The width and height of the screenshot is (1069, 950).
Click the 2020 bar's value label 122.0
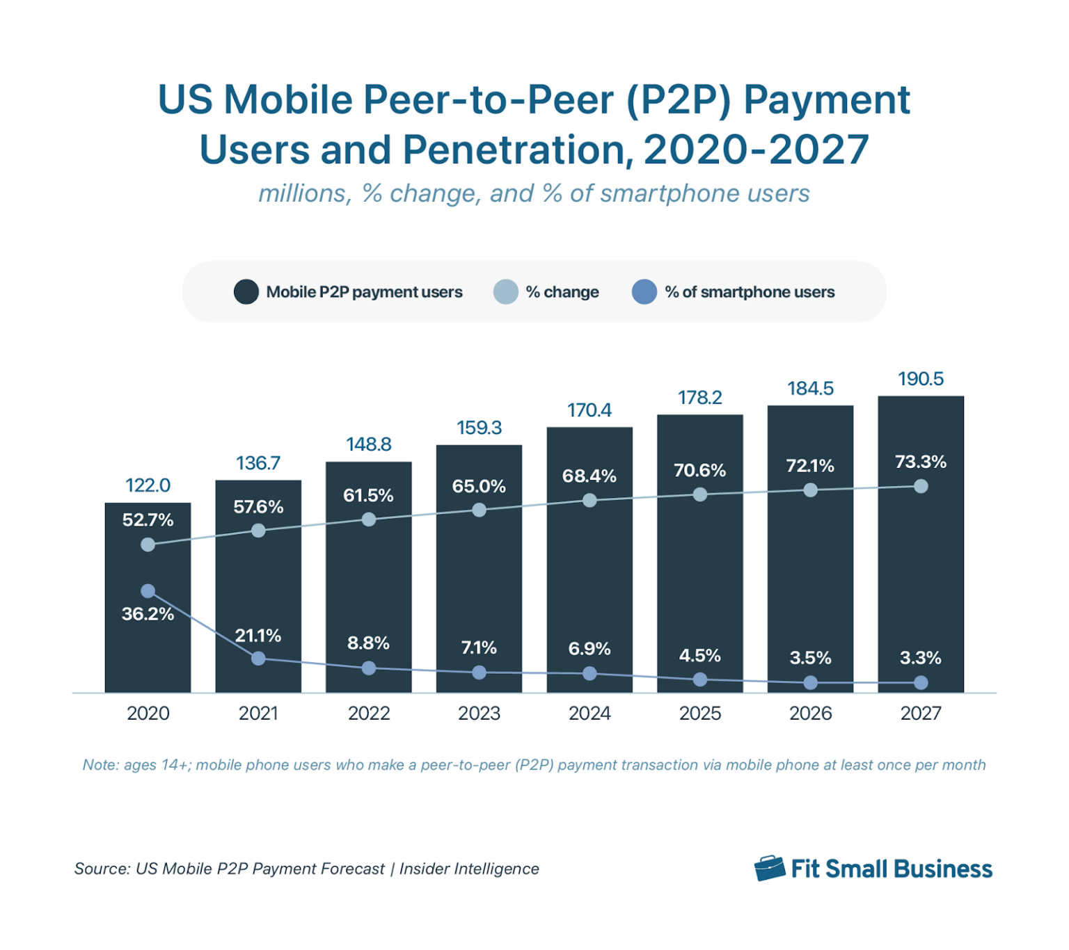(148, 485)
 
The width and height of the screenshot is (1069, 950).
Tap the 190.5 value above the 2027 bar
(920, 379)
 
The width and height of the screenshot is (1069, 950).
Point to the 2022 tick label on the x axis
(369, 713)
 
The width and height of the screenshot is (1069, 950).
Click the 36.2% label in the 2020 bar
(148, 614)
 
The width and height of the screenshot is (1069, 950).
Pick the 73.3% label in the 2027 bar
(920, 462)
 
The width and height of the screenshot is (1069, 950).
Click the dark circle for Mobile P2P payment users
(246, 292)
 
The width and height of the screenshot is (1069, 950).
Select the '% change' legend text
(562, 292)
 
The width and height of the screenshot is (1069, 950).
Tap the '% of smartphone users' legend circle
(644, 292)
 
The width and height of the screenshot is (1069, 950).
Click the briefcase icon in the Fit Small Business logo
(769, 869)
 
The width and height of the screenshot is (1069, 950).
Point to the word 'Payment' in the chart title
(827, 99)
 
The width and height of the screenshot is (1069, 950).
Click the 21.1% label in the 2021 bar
(258, 636)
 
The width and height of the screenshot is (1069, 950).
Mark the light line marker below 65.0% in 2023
(479, 510)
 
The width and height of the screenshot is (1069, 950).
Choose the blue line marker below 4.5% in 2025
(700, 679)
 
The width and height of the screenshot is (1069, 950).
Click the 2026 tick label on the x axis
(810, 713)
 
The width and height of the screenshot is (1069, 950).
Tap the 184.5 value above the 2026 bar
(810, 388)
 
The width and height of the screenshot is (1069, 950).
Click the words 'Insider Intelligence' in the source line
(469, 869)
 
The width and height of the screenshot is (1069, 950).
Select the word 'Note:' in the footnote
(101, 765)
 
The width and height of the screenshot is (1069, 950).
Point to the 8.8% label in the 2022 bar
(368, 643)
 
